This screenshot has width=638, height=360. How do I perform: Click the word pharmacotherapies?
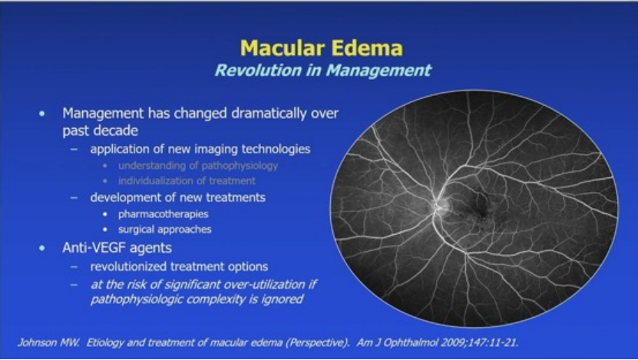(164, 214)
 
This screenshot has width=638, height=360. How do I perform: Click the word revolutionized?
(128, 267)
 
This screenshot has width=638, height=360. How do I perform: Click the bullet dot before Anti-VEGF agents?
(42, 248)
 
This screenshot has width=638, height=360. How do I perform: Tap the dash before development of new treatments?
(74, 198)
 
